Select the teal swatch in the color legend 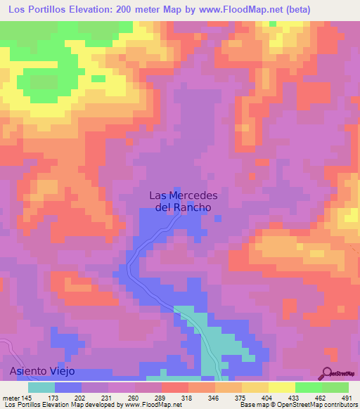click(41, 387)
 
